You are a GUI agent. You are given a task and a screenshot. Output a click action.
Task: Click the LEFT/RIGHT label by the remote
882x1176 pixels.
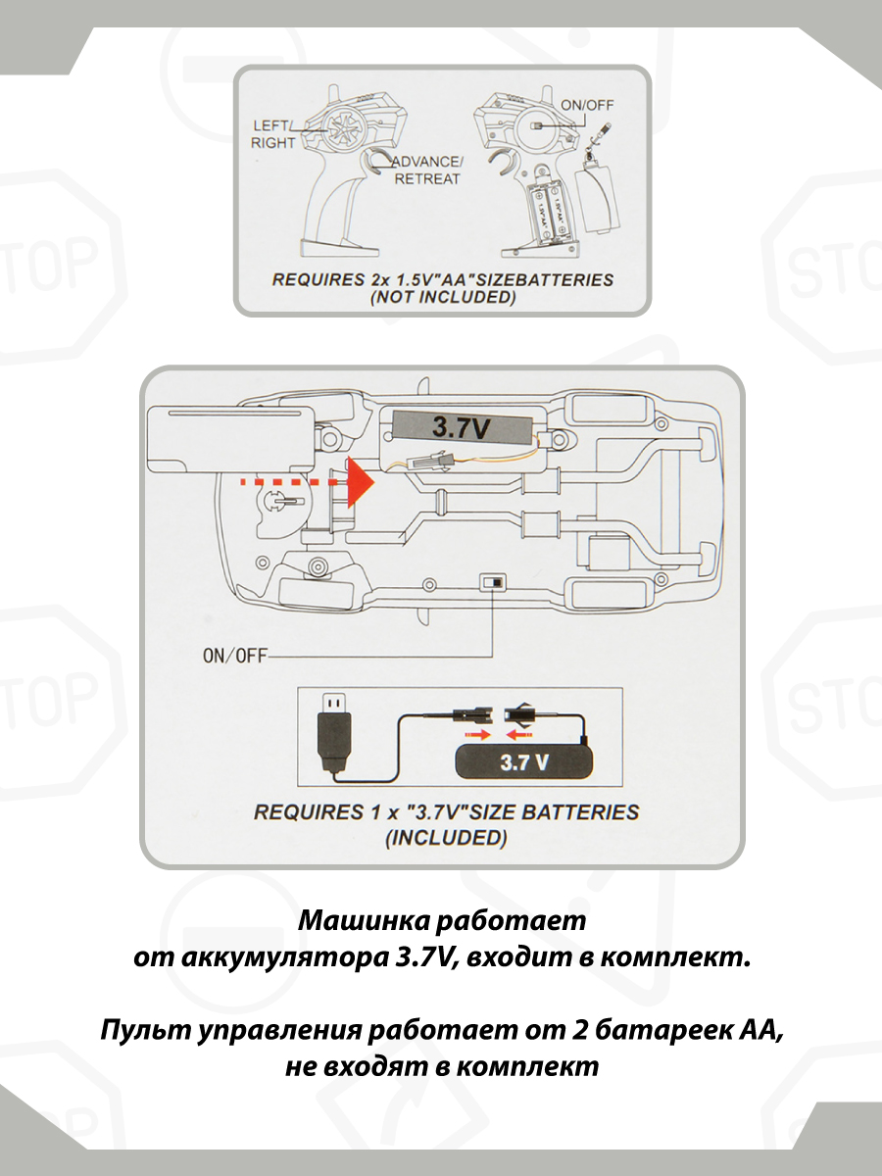(272, 134)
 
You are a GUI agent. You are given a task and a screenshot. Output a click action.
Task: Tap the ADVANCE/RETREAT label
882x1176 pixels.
(427, 170)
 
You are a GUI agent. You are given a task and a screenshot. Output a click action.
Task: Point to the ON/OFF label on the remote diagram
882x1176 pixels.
(587, 105)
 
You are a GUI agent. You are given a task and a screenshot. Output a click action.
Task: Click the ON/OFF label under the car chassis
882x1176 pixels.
(234, 656)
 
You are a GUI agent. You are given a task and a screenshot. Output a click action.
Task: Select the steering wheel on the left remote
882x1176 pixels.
(342, 127)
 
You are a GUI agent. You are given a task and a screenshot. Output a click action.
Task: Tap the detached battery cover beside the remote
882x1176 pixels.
(597, 199)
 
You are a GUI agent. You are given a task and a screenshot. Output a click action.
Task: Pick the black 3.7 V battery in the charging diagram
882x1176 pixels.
(523, 761)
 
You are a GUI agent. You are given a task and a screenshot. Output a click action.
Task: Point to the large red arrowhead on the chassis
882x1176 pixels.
(361, 482)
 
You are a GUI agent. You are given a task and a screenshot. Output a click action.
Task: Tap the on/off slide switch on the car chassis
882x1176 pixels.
(493, 582)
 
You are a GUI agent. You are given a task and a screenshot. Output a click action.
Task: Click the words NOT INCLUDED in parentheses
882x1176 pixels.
(443, 298)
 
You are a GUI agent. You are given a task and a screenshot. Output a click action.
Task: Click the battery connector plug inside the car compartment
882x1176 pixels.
(430, 460)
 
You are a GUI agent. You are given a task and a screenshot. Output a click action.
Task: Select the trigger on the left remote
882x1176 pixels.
(375, 160)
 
